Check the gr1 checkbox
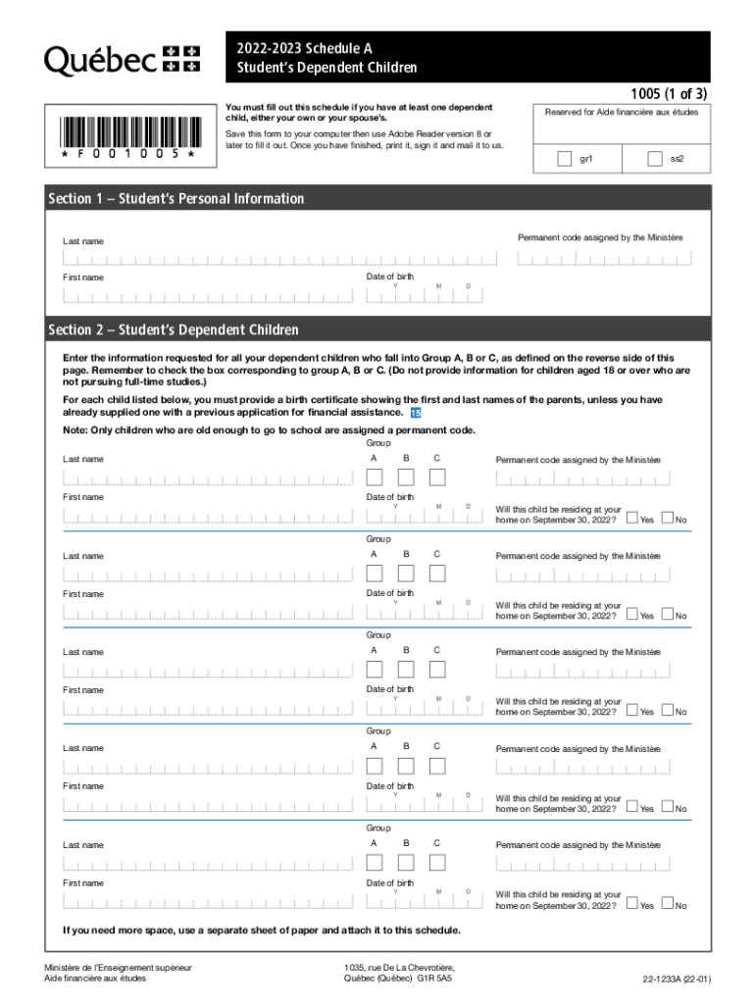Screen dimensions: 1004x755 [564, 158]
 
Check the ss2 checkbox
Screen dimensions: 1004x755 [656, 158]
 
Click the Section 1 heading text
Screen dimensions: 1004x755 [176, 199]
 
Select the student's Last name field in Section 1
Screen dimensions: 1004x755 [279, 258]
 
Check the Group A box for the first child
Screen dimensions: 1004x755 [374, 477]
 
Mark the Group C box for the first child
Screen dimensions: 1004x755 [436, 477]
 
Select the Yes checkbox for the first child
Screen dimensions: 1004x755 [632, 519]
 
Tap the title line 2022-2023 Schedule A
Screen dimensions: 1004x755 [304, 48]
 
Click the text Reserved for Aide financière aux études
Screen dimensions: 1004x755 [621, 112]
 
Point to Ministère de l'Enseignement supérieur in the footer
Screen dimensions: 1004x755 [124, 967]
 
